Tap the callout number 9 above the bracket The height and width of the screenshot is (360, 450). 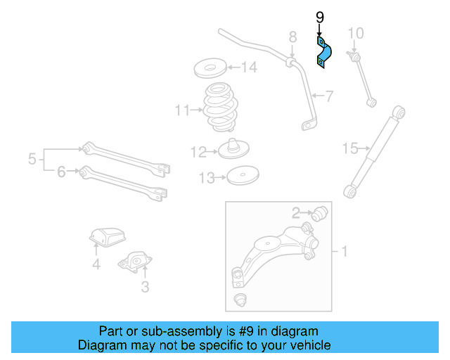(x=320, y=18)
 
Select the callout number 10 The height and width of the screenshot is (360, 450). (x=356, y=33)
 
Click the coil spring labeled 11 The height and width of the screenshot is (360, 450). (x=220, y=108)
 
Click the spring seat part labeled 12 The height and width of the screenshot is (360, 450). (x=235, y=149)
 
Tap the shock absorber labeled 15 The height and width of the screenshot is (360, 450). (x=375, y=149)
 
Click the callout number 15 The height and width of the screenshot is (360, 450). (x=350, y=148)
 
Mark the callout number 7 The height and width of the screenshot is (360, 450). (x=328, y=96)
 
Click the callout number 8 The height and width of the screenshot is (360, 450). (x=292, y=37)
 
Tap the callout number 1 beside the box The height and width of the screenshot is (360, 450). (x=345, y=250)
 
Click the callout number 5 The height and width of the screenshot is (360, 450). (x=32, y=160)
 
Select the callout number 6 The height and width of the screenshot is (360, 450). (x=61, y=172)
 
